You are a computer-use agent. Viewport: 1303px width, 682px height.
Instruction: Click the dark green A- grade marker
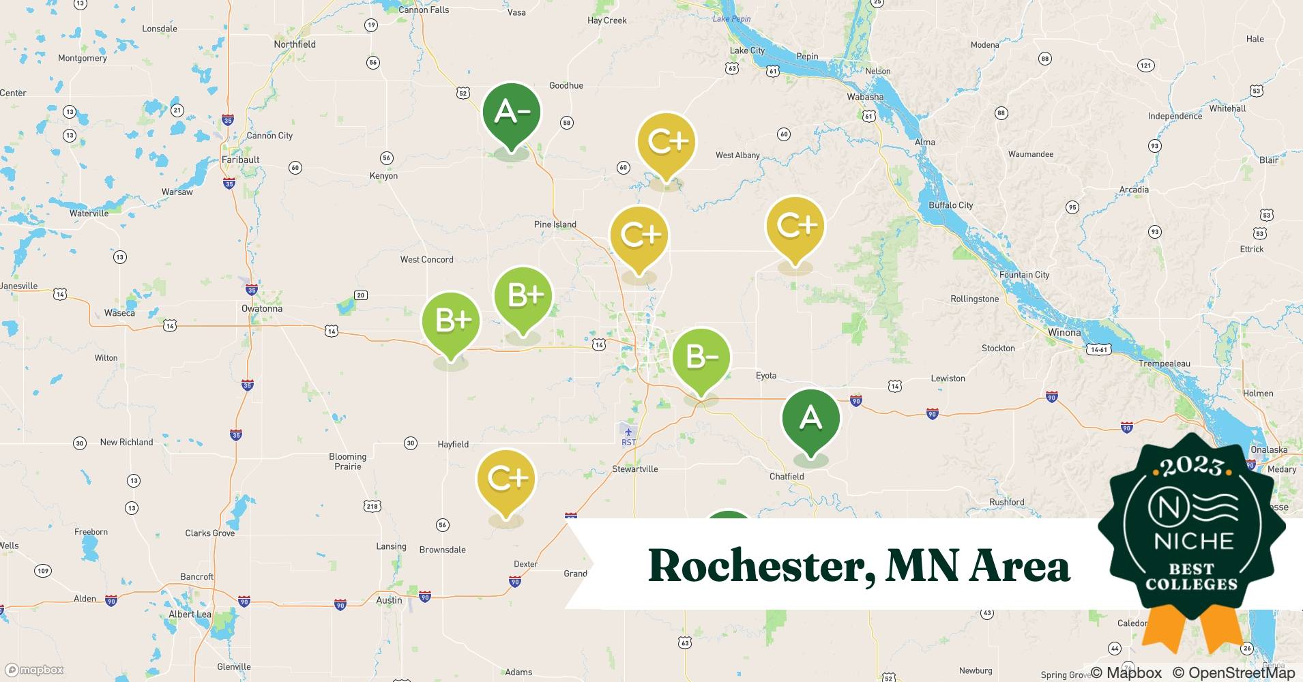pos(511,113)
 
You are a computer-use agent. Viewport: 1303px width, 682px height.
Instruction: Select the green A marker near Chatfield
pos(810,418)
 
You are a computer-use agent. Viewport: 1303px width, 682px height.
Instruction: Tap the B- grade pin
pos(701,357)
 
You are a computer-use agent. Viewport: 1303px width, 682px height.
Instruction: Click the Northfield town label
pos(295,44)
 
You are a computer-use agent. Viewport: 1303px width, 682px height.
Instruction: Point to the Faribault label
pos(241,160)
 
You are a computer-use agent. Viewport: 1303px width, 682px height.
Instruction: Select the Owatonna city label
pos(262,308)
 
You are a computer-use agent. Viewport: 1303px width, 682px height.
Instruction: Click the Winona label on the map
pos(1064,333)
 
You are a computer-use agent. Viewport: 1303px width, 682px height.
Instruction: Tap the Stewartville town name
pos(635,469)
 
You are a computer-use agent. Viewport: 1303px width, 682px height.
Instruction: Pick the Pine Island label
pos(555,224)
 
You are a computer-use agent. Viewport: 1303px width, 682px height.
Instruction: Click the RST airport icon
pos(628,432)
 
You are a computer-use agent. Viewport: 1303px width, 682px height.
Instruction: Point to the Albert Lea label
pos(190,614)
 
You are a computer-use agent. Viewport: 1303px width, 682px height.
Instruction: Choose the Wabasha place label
pos(865,97)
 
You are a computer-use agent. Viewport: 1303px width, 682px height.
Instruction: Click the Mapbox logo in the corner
pos(34,670)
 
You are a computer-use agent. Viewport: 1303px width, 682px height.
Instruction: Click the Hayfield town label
pos(453,444)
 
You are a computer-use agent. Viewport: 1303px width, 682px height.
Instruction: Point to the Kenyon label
pos(383,176)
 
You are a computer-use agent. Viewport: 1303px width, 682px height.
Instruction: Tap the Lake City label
pos(748,50)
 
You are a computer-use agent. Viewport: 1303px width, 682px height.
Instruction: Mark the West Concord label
pos(426,259)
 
